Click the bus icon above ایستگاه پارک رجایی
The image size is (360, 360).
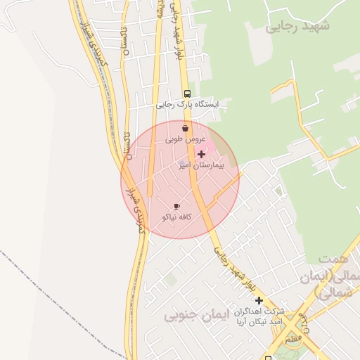point(187,94)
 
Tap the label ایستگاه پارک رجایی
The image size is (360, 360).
point(187,105)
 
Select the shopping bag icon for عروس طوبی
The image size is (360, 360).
point(185,129)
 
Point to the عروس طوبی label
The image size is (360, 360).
point(184,139)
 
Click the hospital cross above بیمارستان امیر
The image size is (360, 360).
point(202,154)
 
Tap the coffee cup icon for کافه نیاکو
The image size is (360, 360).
point(176,206)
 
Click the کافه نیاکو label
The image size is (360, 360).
point(177,217)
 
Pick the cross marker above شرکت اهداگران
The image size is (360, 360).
point(259,300)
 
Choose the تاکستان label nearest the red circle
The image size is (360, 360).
point(127,148)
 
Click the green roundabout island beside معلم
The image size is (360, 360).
point(291,341)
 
